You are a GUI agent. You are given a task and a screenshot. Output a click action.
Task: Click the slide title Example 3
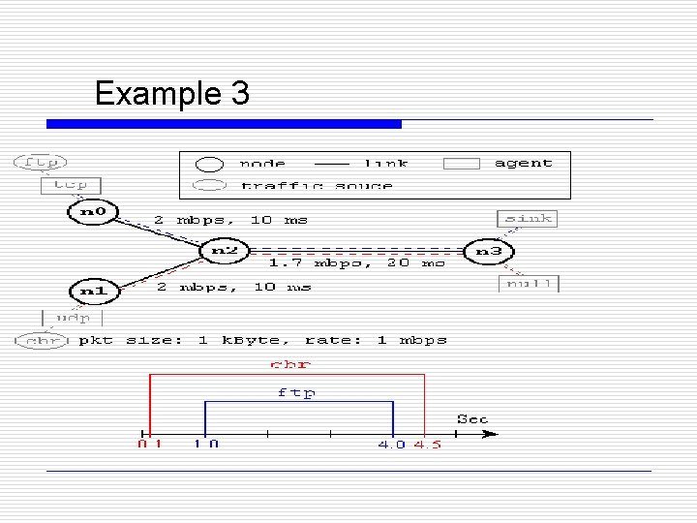point(172,94)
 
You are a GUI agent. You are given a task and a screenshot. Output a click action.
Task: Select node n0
point(92,210)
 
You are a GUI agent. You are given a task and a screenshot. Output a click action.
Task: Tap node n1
point(92,290)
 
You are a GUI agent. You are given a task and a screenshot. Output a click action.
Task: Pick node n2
point(225,251)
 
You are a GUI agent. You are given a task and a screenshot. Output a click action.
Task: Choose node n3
point(489,251)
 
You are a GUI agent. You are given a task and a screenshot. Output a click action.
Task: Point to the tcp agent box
point(71,184)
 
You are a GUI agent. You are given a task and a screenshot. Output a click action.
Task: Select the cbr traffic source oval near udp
point(41,340)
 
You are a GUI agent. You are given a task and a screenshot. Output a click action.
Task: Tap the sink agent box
point(528,219)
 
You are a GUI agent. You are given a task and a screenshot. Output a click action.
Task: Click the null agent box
point(530,283)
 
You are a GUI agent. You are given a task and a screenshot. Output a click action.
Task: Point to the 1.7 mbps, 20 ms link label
point(356,262)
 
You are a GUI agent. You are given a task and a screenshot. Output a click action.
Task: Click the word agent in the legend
point(523,163)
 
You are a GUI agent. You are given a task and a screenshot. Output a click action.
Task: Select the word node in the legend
point(262,163)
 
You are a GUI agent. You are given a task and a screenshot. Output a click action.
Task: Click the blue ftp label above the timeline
point(296,392)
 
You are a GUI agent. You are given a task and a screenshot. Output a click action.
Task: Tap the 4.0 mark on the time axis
point(392,445)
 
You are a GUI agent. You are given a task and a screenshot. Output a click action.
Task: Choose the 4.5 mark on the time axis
point(427,445)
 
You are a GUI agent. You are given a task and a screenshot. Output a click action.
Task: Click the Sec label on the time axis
point(472,419)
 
